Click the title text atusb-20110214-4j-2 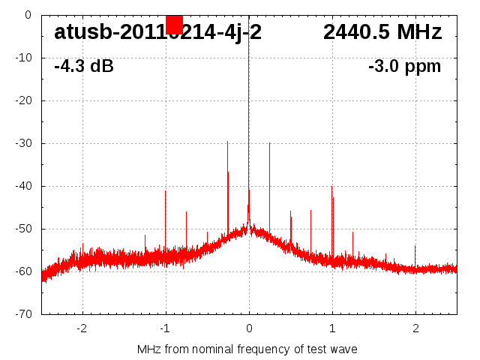157,32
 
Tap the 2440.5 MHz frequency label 382,32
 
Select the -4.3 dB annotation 84,66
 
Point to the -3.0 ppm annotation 405,66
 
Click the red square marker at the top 174,25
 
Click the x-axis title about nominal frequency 247,349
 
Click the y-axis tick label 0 28,15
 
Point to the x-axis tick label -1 164,328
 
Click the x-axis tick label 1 332,328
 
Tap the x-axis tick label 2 415,328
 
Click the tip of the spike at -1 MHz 166,191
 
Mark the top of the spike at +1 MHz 331,187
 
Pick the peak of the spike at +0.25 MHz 269,143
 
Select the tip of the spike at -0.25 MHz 227,142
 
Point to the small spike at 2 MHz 415,246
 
